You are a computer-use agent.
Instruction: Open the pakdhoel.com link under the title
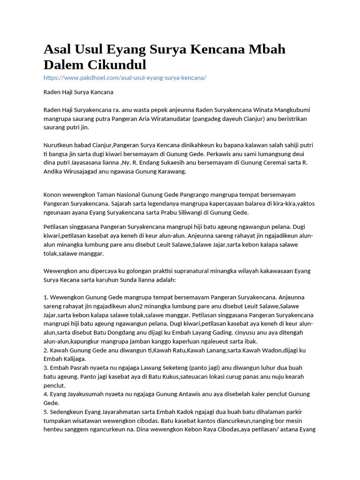click(x=125, y=77)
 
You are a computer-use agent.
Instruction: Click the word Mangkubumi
click(x=291, y=110)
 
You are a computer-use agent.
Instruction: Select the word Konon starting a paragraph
click(x=53, y=194)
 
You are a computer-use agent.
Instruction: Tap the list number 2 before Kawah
click(x=45, y=350)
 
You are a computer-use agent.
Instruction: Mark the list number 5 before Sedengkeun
click(x=45, y=412)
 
